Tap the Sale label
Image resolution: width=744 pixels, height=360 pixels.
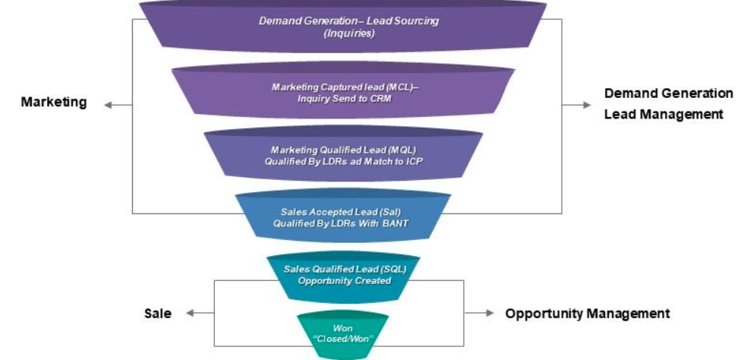(157, 313)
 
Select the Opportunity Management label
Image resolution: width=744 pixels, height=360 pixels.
(588, 313)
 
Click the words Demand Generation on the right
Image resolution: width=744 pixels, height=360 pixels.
(669, 93)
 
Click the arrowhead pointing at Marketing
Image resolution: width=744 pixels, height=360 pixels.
(107, 105)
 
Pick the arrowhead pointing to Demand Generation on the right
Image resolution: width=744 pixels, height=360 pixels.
(587, 105)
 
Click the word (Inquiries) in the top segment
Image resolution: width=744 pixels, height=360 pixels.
(348, 33)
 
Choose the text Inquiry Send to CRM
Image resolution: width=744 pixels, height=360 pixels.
(345, 99)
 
